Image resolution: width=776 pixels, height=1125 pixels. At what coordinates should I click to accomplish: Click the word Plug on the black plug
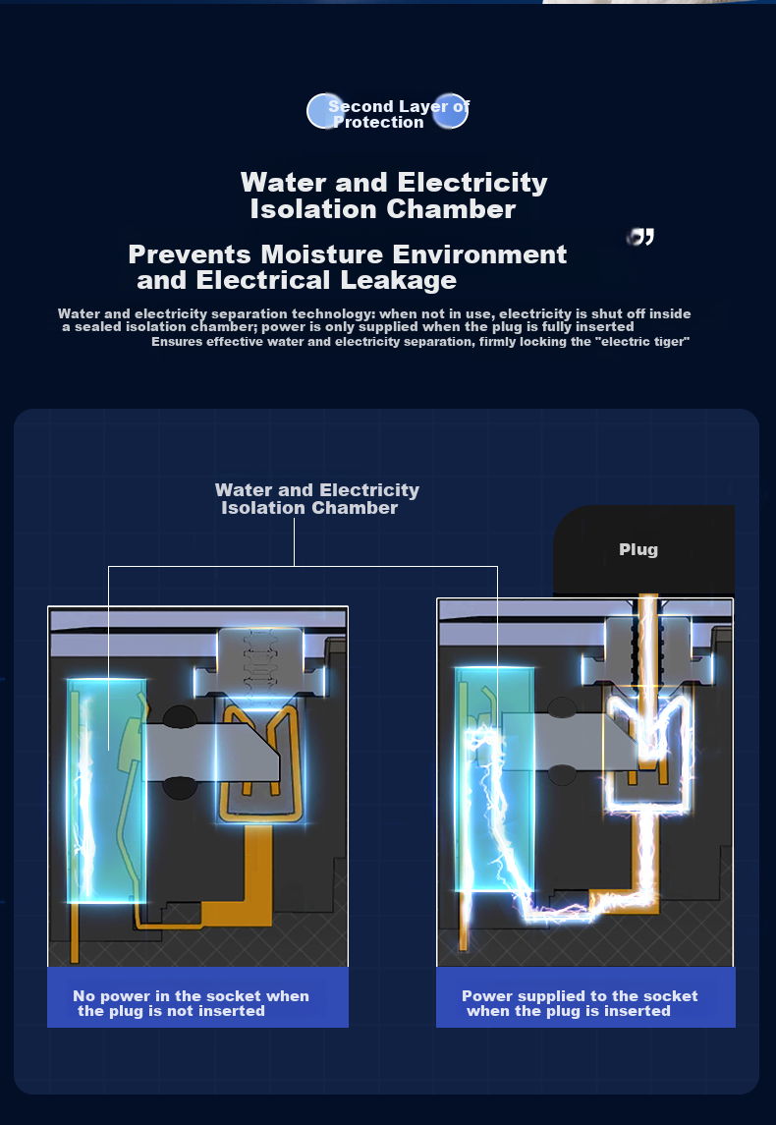coord(638,549)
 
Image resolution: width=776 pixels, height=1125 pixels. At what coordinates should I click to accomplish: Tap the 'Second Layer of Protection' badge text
coord(398,114)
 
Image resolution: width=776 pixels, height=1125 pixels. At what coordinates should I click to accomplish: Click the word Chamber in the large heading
coord(451,208)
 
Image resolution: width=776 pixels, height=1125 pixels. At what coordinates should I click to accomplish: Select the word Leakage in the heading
coord(398,280)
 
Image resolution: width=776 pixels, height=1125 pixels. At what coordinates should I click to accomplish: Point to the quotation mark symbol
coord(640,237)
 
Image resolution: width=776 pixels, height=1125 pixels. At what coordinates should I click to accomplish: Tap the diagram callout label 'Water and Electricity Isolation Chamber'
coord(317,499)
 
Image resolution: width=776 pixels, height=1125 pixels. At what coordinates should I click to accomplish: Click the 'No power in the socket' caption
coord(191,1003)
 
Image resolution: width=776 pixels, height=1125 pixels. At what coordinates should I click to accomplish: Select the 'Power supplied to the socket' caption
coord(580,1003)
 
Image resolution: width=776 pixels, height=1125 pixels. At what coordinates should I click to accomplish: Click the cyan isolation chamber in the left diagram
coord(106,790)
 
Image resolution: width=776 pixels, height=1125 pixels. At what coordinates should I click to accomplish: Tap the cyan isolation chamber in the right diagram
coord(495,778)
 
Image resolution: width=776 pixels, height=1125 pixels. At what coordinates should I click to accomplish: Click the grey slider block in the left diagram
coord(211,752)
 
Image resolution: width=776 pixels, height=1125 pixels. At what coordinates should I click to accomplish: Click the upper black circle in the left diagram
coord(180,715)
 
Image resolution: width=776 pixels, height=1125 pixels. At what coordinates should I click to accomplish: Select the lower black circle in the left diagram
coord(180,787)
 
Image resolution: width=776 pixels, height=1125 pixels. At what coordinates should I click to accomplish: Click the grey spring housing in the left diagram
coord(259,661)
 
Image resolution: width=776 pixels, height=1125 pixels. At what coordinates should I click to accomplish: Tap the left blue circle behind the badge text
coord(325,111)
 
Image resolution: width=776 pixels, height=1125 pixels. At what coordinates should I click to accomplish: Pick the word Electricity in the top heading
coord(472,183)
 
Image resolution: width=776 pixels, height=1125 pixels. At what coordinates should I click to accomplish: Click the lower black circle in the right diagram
coord(562,775)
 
